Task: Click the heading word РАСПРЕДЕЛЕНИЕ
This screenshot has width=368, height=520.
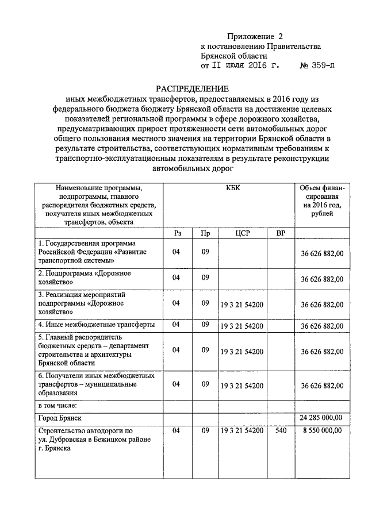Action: click(x=193, y=89)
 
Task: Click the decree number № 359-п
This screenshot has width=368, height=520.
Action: click(x=318, y=66)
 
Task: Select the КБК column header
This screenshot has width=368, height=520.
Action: click(x=229, y=188)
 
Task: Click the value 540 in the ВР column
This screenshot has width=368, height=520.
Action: click(x=281, y=430)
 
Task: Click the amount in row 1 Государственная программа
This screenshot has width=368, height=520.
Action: click(x=322, y=253)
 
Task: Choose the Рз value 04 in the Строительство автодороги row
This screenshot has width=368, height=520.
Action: click(x=177, y=430)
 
